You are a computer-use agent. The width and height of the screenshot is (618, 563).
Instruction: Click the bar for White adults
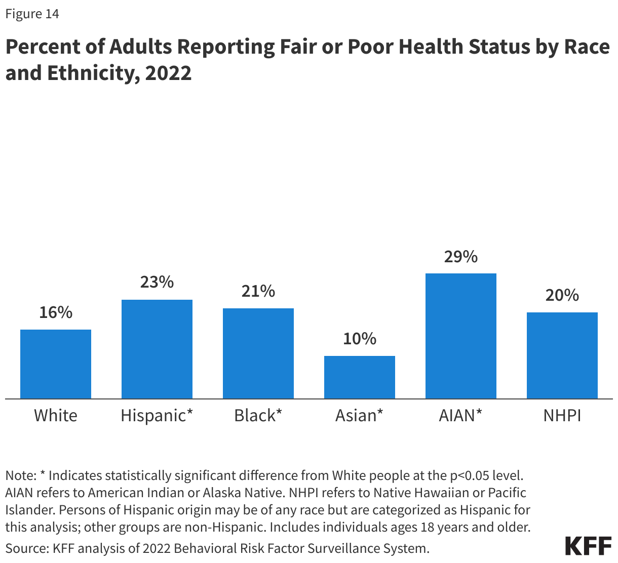click(x=56, y=364)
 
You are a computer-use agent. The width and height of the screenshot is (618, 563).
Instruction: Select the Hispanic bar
click(x=157, y=349)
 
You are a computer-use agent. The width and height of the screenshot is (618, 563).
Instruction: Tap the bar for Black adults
click(x=258, y=353)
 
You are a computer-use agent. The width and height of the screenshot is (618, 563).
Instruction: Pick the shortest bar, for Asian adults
click(x=360, y=377)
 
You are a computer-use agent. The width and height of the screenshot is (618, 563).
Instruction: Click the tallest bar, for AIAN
click(x=461, y=336)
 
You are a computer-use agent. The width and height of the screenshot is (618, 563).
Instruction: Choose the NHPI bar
click(x=562, y=355)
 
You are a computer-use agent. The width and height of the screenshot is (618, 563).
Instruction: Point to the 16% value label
click(x=56, y=312)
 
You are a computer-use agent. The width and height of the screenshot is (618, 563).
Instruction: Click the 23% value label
click(x=157, y=282)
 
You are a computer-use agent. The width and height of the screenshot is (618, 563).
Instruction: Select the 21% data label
click(x=258, y=291)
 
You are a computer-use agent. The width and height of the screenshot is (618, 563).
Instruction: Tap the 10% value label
click(x=360, y=339)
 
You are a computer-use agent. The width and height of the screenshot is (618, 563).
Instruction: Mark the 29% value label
click(x=461, y=257)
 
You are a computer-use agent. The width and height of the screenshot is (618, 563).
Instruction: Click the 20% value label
click(x=562, y=295)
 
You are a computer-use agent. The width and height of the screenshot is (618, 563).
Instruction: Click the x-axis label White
click(x=56, y=416)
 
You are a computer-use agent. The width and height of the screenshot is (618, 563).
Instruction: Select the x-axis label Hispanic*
click(x=157, y=416)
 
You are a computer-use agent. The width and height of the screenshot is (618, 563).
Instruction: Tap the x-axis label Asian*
click(x=360, y=416)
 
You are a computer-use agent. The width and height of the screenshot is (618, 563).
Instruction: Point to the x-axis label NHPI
click(x=562, y=416)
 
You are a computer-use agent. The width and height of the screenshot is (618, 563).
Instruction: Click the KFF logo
click(x=588, y=546)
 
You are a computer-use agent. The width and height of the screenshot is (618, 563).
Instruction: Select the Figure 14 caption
click(x=32, y=14)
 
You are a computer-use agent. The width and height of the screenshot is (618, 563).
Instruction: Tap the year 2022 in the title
click(x=168, y=73)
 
